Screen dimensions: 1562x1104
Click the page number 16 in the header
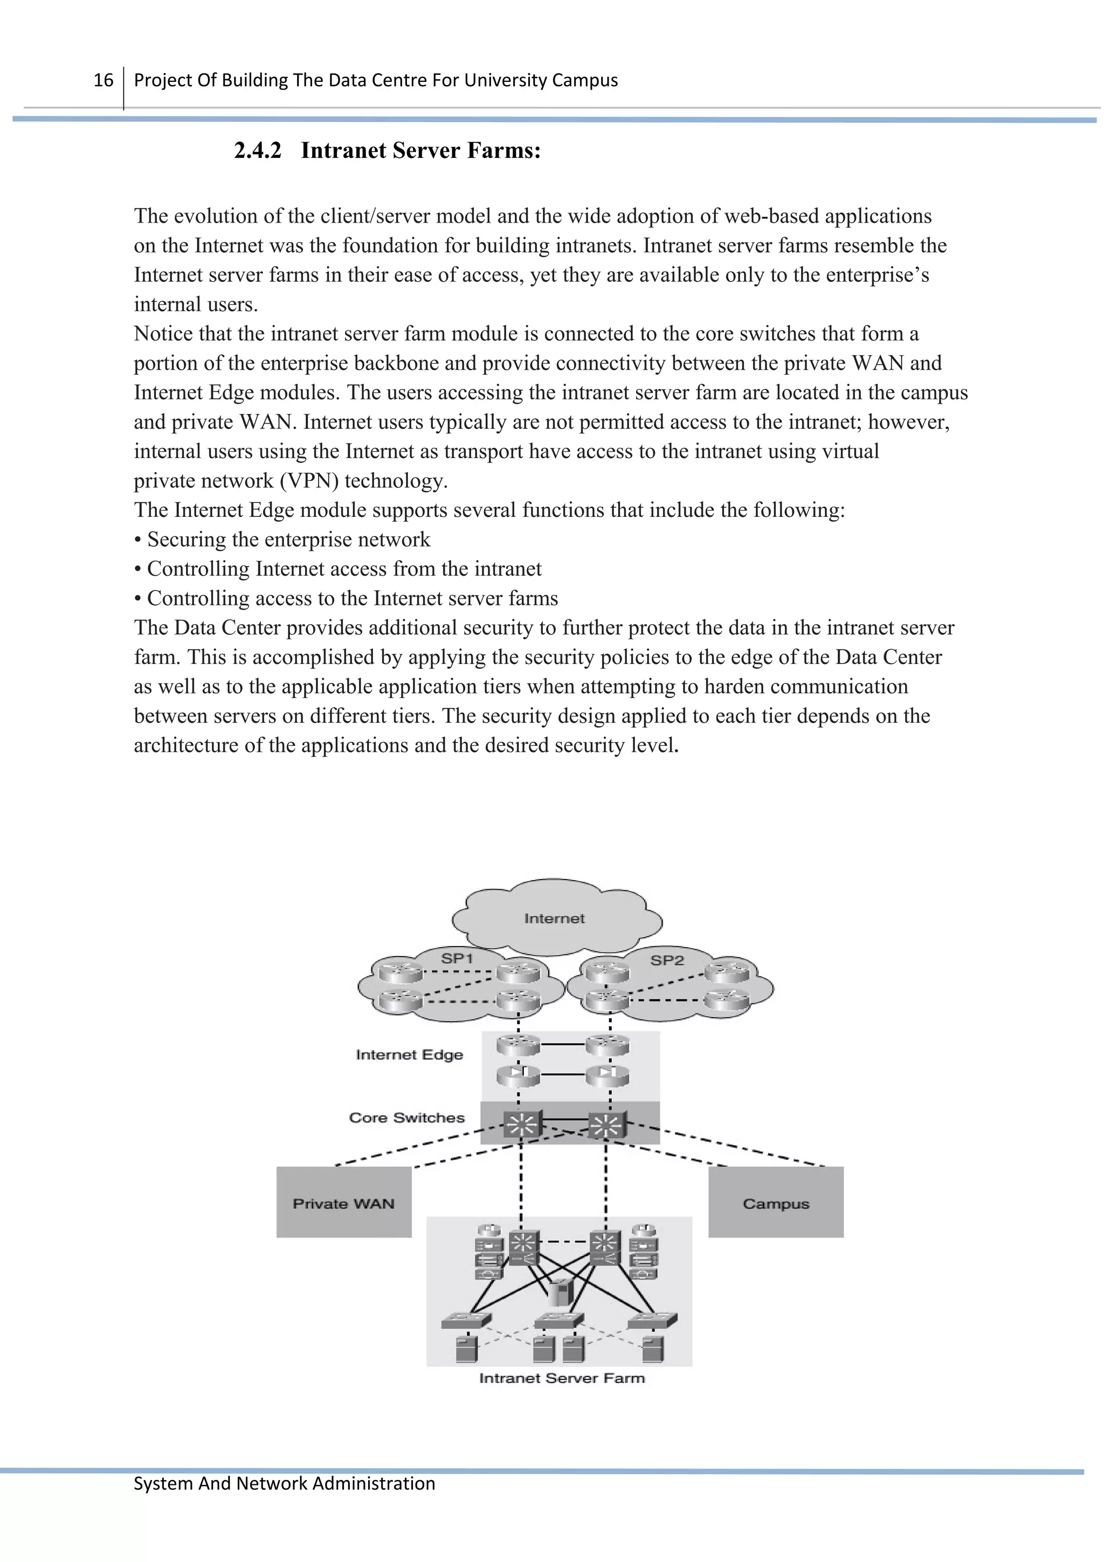point(103,80)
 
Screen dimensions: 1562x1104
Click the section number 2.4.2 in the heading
point(257,150)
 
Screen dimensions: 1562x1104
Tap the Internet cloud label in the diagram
point(554,918)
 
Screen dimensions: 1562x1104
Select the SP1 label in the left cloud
point(457,958)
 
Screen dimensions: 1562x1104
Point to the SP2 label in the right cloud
point(667,960)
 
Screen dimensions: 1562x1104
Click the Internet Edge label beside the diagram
point(410,1055)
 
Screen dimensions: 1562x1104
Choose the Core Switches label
point(407,1118)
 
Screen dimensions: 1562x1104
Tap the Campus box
point(776,1204)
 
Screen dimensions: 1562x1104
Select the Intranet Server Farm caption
point(562,1378)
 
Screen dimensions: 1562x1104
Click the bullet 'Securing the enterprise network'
point(282,540)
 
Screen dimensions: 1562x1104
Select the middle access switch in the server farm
point(559,1321)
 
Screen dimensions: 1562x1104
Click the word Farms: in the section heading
point(504,150)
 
